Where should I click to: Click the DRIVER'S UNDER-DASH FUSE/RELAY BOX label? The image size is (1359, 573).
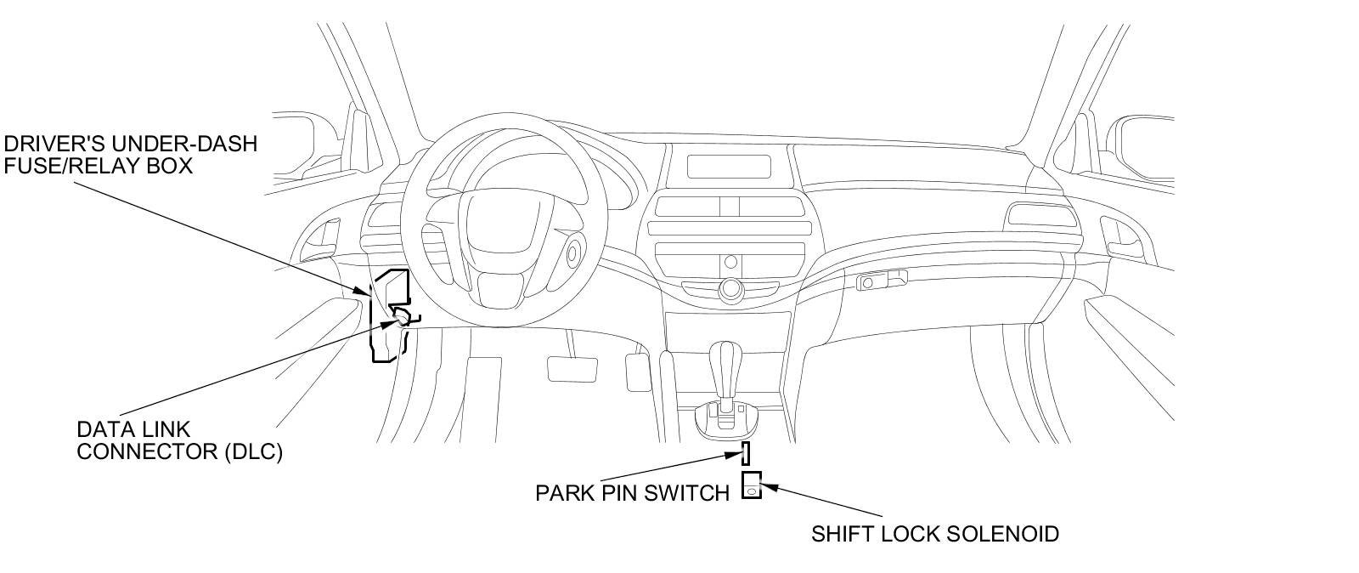(x=130, y=154)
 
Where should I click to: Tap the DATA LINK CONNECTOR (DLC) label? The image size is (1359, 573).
(x=179, y=440)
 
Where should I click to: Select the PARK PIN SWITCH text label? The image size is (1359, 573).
(x=632, y=493)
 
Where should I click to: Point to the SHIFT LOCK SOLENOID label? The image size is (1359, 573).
(x=934, y=534)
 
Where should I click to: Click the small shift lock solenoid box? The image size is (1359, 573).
(x=752, y=485)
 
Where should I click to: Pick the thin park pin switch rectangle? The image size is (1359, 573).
(x=746, y=453)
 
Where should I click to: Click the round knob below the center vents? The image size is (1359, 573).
(x=728, y=289)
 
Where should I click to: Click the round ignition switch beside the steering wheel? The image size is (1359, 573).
(x=573, y=252)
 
